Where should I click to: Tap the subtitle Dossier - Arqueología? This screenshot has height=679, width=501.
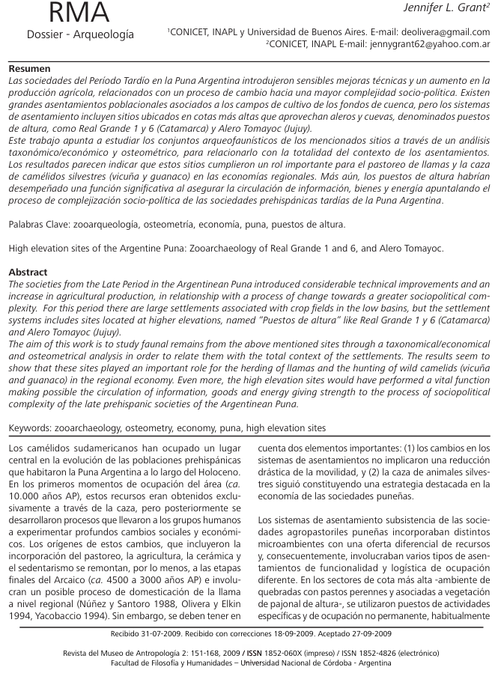coord(80,35)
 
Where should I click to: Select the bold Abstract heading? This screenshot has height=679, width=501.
coord(29,272)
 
